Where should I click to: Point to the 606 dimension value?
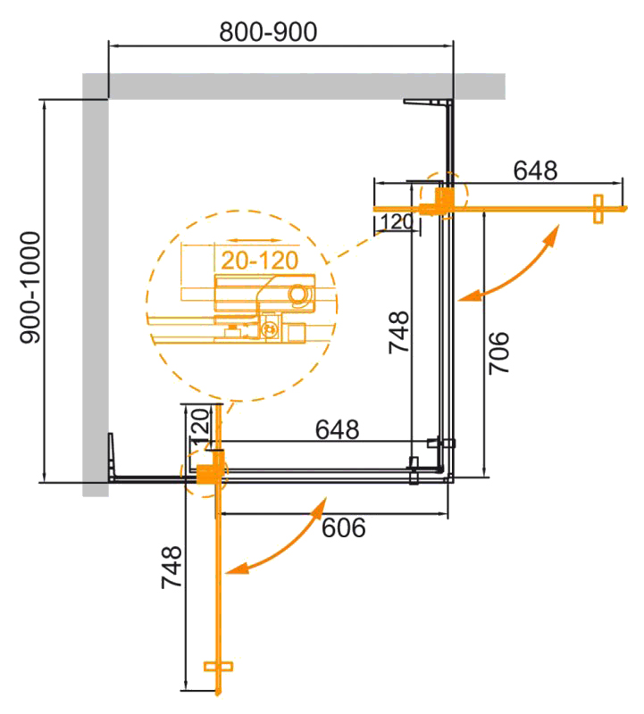click(343, 528)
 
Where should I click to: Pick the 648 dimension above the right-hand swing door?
click(534, 170)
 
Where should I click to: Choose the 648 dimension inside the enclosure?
click(337, 430)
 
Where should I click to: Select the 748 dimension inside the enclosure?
click(398, 332)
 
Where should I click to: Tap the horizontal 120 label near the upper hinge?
click(395, 221)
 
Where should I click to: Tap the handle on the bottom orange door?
click(218, 666)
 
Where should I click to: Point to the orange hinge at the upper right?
click(444, 198)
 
